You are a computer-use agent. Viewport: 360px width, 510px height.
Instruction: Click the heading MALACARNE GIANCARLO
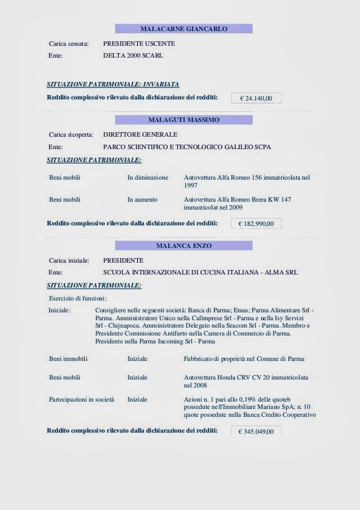pos(184,28)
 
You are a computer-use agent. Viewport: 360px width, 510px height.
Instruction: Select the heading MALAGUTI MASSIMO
pos(184,120)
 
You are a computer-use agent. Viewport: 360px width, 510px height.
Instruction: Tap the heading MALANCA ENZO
pos(184,246)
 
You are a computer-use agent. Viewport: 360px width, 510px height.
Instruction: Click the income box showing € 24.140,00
pos(256,98)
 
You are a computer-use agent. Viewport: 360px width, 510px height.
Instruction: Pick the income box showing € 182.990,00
pos(256,224)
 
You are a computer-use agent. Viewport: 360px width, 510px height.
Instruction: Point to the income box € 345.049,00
pos(256,431)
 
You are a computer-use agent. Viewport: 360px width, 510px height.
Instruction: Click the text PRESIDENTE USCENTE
pos(139,43)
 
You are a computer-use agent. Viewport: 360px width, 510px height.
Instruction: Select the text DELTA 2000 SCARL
pos(133,56)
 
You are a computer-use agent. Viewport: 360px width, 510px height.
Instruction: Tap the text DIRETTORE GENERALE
pos(140,134)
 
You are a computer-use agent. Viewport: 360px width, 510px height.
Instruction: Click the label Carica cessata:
pos(69,43)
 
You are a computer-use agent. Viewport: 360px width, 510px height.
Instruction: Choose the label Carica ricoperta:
pos(71,134)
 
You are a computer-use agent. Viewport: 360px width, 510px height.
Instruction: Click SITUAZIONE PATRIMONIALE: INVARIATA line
pos(113,84)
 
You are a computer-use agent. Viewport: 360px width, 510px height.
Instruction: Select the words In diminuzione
pos(148,177)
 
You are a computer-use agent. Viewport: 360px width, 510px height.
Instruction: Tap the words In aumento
pos(142,199)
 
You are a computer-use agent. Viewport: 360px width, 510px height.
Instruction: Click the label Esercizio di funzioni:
pos(78,298)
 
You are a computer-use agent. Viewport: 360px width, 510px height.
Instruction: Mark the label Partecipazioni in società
pos(82,399)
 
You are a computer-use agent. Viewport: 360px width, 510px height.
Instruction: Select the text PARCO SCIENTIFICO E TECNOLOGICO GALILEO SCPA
pos(187,147)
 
